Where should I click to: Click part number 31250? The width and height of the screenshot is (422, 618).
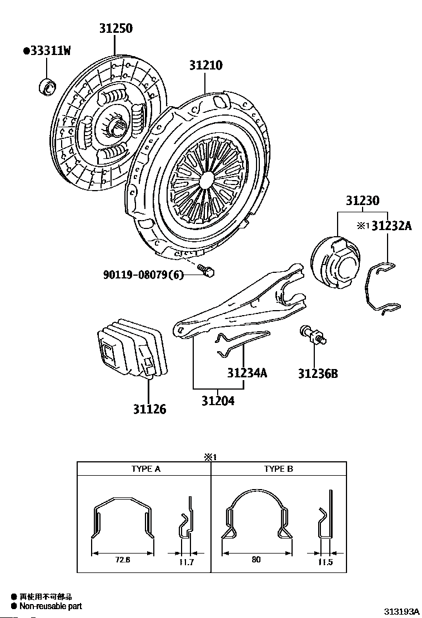116,28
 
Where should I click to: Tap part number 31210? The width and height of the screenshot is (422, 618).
205,65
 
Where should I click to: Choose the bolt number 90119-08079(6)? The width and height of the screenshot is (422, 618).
143,275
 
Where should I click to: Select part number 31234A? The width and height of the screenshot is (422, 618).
247,373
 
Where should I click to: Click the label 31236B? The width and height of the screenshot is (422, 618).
317,373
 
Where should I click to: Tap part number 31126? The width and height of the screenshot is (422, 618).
149,410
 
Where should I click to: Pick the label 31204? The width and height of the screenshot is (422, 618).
218,401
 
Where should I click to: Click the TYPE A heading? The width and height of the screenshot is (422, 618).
145,469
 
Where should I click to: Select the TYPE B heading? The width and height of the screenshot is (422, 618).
278,469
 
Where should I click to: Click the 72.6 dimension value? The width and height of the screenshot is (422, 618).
122,560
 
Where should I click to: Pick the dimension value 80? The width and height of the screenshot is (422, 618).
256,560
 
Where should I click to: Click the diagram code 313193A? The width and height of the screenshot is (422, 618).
400,611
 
